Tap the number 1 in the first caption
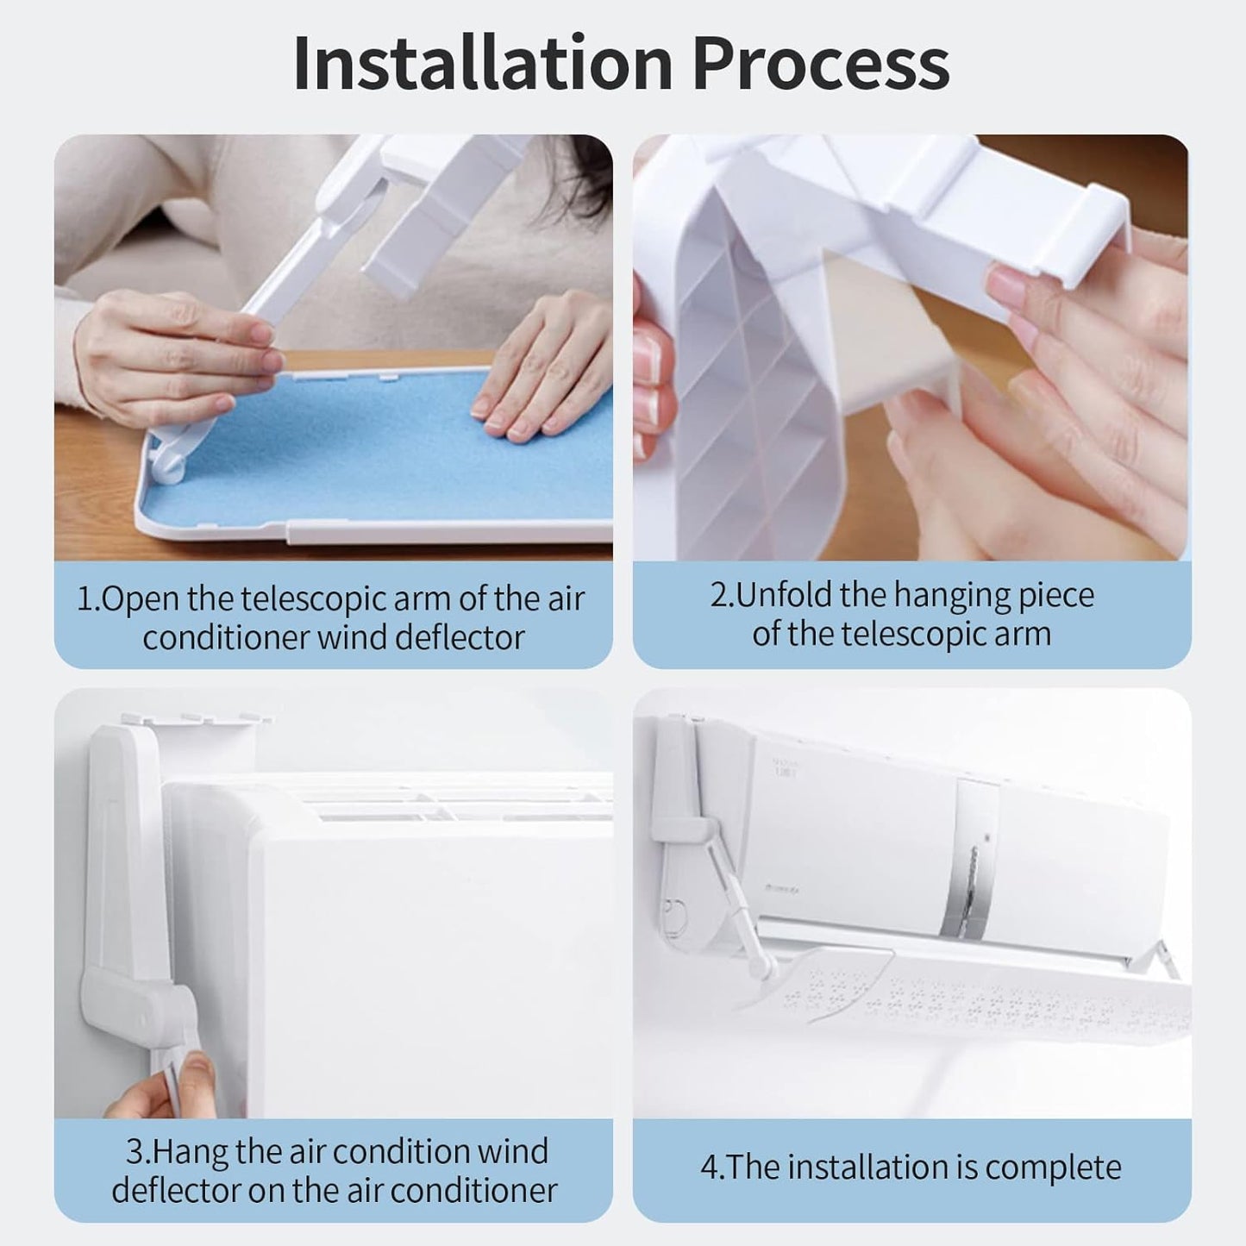(85, 599)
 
